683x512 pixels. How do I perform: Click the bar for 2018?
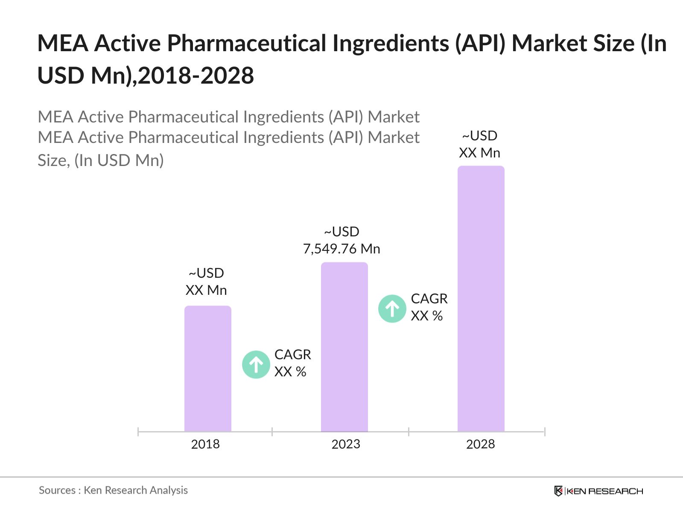(207, 369)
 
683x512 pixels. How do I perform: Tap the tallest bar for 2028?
(481, 299)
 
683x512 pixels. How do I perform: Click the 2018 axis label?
(205, 444)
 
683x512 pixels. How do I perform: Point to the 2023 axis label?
(346, 444)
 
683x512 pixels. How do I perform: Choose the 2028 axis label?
(480, 444)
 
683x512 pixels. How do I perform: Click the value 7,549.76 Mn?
(341, 249)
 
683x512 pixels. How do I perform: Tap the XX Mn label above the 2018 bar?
(206, 290)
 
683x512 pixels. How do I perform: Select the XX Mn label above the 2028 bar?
(479, 153)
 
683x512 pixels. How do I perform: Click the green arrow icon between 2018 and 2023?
(256, 364)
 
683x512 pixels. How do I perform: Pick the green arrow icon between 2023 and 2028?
(392, 308)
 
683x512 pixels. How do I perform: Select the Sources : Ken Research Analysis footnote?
(113, 490)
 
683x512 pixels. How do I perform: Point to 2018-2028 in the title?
(196, 76)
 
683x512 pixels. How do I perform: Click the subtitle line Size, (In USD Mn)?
(101, 160)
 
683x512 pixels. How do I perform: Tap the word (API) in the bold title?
(480, 44)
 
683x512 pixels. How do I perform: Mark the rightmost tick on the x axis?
(545, 432)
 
